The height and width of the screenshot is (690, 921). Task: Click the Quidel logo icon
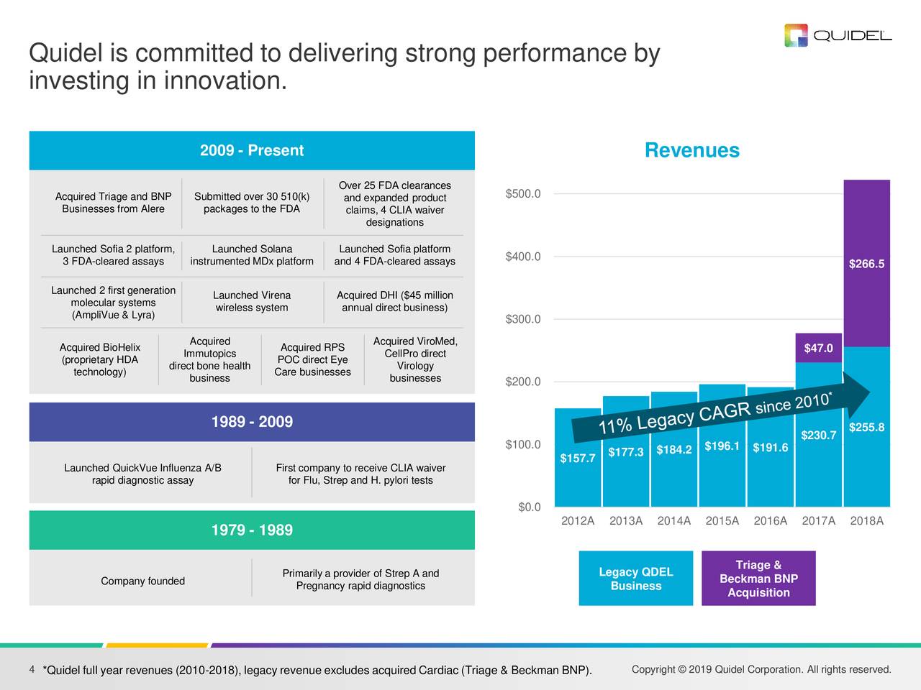(796, 35)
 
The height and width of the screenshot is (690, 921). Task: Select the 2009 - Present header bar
(252, 150)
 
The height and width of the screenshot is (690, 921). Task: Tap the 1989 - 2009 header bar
(252, 422)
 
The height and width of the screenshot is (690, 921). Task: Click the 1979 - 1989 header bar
(252, 530)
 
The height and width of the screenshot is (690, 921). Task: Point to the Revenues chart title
(691, 150)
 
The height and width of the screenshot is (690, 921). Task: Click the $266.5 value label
(866, 264)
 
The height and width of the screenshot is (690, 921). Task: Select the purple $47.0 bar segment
(818, 348)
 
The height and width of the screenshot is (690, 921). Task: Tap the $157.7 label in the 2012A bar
(577, 459)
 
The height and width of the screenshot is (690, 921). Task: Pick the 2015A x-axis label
(722, 521)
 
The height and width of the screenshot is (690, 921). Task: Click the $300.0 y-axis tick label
(523, 319)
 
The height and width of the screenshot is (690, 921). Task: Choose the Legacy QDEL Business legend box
(635, 579)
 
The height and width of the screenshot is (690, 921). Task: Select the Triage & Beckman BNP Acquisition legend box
(758, 579)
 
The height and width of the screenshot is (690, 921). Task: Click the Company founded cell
(142, 581)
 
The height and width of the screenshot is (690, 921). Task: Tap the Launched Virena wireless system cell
(252, 302)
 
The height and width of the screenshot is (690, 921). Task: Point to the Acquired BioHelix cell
(100, 359)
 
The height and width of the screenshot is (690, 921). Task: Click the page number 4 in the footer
(32, 670)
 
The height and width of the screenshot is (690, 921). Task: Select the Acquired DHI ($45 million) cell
(394, 302)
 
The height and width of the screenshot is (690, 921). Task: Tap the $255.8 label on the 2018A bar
(866, 428)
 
